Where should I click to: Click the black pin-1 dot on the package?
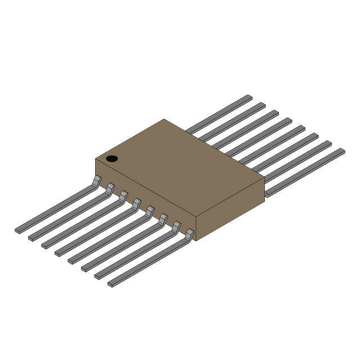click(112, 158)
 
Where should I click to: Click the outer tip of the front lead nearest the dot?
click(18, 230)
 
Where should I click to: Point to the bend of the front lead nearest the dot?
click(97, 180)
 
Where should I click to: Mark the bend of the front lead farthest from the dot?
click(189, 233)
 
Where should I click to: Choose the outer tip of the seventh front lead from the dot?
click(98, 276)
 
